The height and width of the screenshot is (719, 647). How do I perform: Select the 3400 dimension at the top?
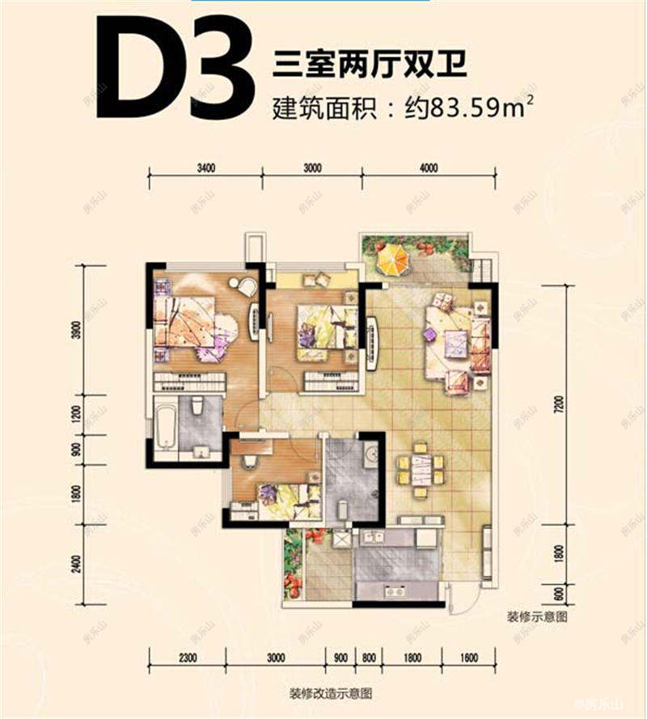[205, 168]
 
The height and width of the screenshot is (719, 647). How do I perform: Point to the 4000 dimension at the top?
[429, 168]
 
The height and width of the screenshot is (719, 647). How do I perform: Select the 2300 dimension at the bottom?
[189, 657]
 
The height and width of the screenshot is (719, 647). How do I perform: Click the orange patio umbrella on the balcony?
[392, 259]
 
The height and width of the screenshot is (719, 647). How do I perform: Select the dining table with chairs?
[419, 470]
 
